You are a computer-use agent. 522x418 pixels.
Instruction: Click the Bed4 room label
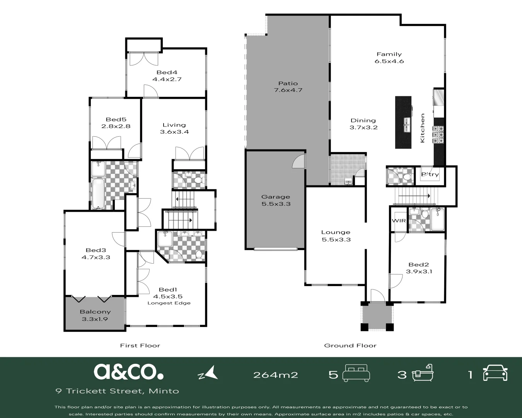167,72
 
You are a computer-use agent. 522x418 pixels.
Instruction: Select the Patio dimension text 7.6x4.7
288,90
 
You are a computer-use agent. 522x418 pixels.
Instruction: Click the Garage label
276,197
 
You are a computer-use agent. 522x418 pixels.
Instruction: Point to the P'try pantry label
430,175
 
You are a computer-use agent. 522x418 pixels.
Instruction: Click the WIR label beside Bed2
399,221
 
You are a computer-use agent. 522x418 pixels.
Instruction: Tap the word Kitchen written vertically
422,128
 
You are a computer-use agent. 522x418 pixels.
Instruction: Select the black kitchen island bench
403,122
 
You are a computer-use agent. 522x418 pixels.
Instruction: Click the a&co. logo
128,372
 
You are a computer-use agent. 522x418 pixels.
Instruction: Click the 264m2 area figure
275,375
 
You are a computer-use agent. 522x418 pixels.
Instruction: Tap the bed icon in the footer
357,372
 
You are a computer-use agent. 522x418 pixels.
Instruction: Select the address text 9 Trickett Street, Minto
117,391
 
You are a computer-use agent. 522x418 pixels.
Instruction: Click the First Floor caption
140,345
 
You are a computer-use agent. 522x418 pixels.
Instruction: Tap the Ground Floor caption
350,345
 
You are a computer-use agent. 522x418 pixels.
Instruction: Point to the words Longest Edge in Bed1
169,303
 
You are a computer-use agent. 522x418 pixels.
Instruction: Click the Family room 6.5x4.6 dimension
389,61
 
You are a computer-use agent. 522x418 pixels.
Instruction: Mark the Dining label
363,120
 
